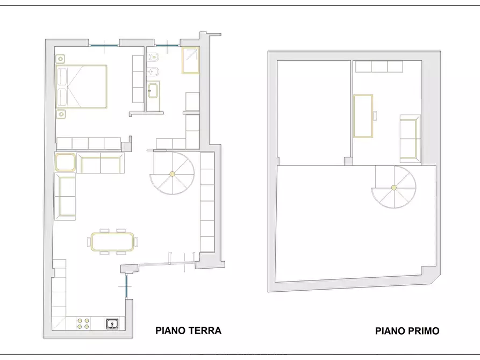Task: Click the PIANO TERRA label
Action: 188,330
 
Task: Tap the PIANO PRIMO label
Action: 407,331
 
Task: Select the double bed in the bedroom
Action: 81,87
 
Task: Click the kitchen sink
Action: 112,323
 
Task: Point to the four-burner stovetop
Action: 83,323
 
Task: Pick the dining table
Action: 112,242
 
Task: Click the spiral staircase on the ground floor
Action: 172,173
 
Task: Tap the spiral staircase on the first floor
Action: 394,188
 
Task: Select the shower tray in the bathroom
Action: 190,60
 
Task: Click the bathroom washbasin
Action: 153,91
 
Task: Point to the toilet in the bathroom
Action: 153,57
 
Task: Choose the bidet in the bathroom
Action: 153,71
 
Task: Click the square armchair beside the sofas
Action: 65,162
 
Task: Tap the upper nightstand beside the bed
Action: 61,59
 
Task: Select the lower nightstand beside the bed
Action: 61,114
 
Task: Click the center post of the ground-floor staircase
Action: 172,174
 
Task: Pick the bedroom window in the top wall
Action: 104,46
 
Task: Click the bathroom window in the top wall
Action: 167,45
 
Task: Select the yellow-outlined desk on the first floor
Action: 363,116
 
